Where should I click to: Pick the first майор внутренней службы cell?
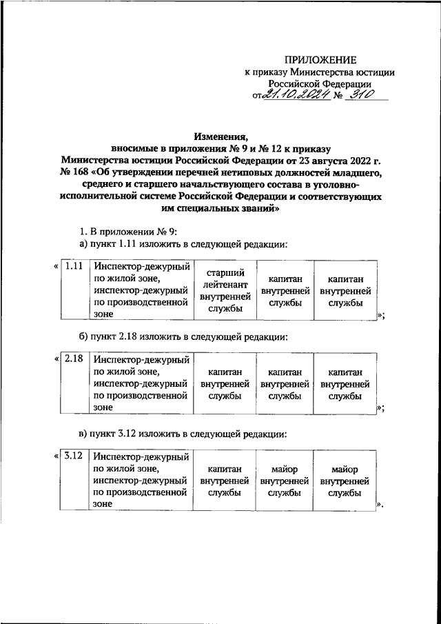click(x=285, y=481)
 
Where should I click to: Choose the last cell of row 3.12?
click(x=345, y=481)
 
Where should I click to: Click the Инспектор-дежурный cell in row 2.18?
click(x=141, y=383)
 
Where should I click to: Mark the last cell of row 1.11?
click(x=345, y=291)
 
